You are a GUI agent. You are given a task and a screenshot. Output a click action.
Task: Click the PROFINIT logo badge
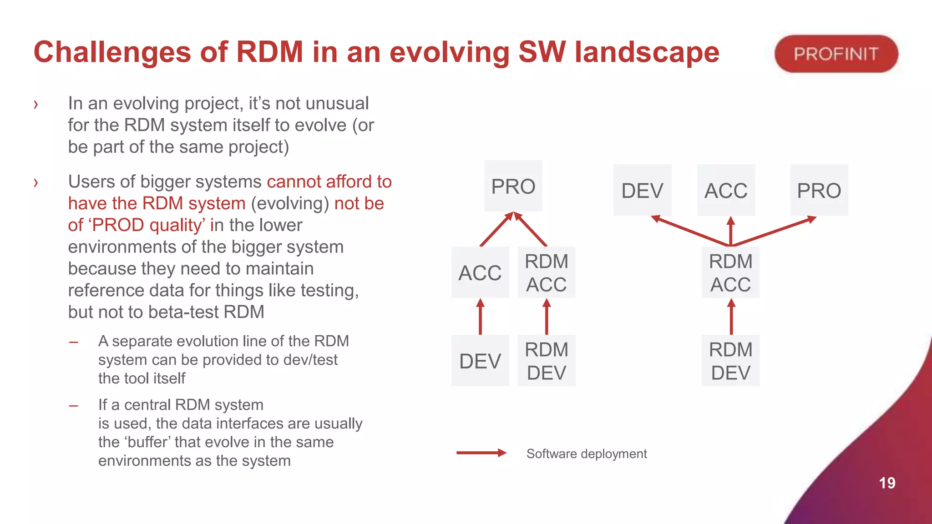pyautogui.click(x=836, y=54)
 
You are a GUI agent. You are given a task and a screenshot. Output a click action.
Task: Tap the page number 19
pyautogui.click(x=887, y=483)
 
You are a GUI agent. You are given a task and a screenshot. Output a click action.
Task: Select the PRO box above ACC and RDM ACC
pyautogui.click(x=513, y=186)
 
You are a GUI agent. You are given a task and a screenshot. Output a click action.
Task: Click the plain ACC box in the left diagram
pyautogui.click(x=480, y=272)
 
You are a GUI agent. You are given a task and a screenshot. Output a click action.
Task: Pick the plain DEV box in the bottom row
pyautogui.click(x=480, y=361)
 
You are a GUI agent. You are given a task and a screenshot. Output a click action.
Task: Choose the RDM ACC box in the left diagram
pyautogui.click(x=547, y=272)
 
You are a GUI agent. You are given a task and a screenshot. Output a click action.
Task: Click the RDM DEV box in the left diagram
pyautogui.click(x=547, y=361)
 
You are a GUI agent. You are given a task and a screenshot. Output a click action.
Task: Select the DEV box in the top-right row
pyautogui.click(x=642, y=190)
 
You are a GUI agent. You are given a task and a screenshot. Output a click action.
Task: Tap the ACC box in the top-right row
pyautogui.click(x=726, y=190)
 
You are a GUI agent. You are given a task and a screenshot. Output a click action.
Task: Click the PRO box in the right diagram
pyautogui.click(x=819, y=190)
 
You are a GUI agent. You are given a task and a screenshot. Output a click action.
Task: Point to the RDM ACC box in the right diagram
pyautogui.click(x=730, y=272)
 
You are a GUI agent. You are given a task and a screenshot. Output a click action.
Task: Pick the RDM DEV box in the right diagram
pyautogui.click(x=730, y=361)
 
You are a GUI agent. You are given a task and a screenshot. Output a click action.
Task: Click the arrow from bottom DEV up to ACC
pyautogui.click(x=480, y=317)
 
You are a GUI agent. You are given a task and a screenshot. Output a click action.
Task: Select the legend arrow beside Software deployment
pyautogui.click(x=481, y=453)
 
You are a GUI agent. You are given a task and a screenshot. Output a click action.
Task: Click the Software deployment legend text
pyautogui.click(x=586, y=453)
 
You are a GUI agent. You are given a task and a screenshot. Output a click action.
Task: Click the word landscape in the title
pyautogui.click(x=647, y=52)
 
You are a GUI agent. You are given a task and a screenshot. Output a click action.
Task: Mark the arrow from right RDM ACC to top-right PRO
pyautogui.click(x=774, y=232)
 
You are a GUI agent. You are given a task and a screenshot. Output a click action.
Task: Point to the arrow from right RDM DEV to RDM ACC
pyautogui.click(x=731, y=317)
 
